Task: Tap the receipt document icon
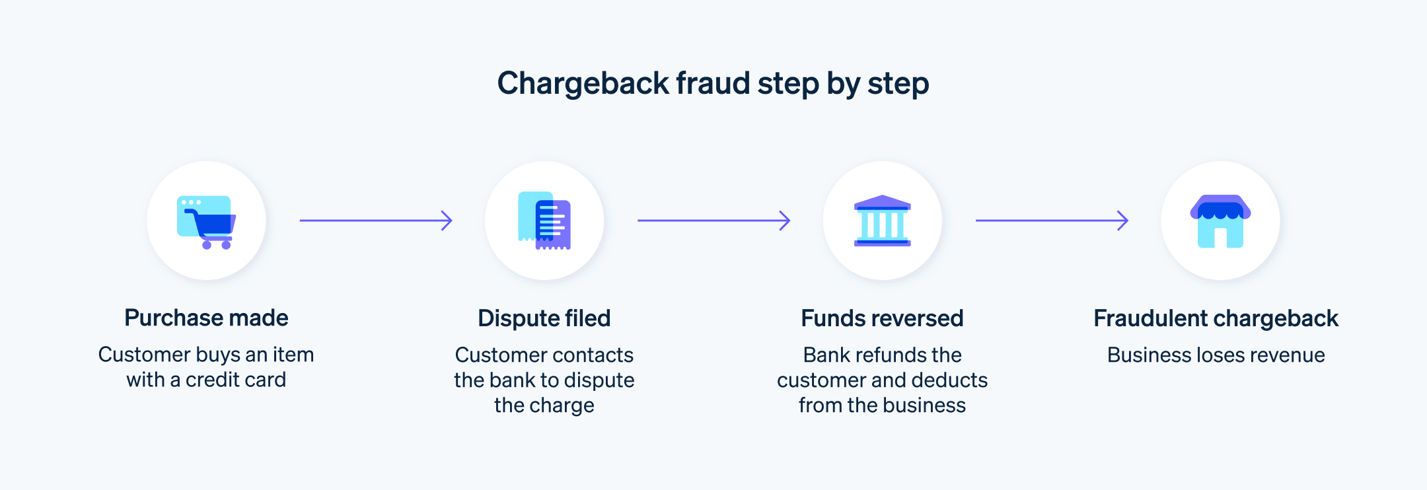(x=544, y=221)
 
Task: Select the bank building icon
(x=883, y=221)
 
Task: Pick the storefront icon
(x=1220, y=221)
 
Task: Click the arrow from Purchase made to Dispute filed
(x=375, y=220)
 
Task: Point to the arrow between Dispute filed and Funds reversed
(x=713, y=220)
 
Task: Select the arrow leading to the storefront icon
(x=1052, y=220)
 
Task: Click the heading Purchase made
(x=206, y=318)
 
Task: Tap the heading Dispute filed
(x=544, y=318)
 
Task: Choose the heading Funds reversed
(x=882, y=318)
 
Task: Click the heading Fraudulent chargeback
(x=1216, y=318)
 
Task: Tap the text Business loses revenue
(x=1216, y=355)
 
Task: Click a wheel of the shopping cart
(x=207, y=245)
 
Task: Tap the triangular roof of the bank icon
(x=883, y=201)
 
